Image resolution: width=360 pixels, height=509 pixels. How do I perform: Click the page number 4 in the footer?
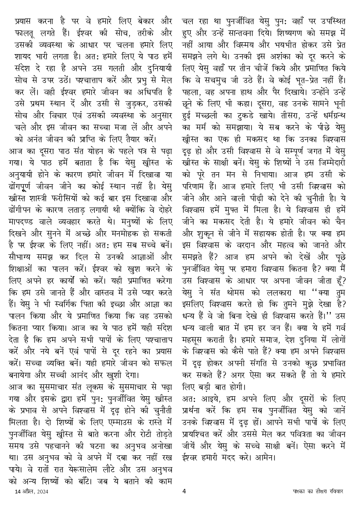pyautogui.click(x=184, y=491)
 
